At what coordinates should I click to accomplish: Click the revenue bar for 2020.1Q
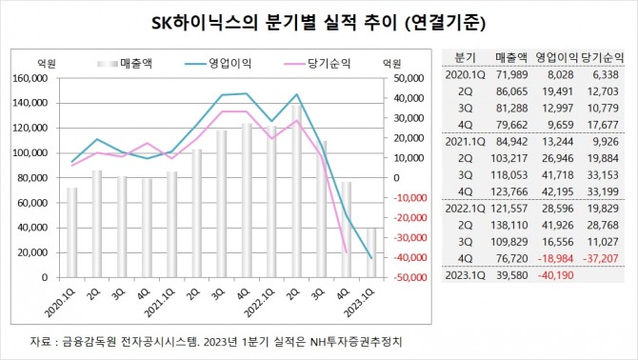[x=72, y=232]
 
